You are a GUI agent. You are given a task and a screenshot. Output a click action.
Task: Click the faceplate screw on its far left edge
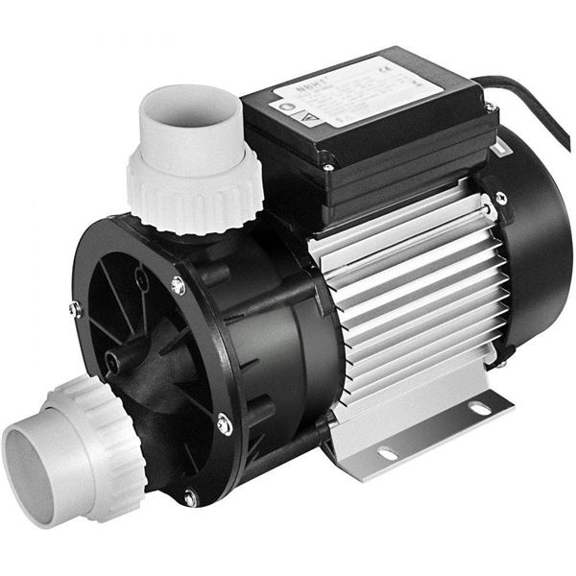(75, 309)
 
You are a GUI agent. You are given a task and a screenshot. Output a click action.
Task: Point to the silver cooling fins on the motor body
(413, 288)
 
